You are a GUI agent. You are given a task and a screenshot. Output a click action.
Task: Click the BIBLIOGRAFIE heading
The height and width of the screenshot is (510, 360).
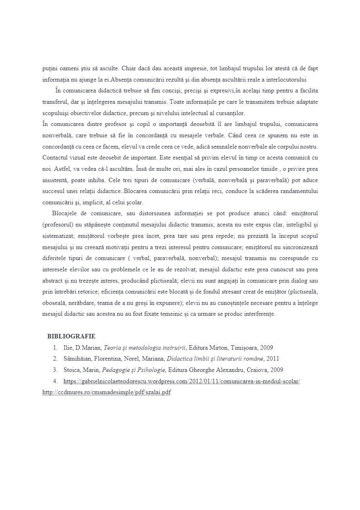click(x=71, y=336)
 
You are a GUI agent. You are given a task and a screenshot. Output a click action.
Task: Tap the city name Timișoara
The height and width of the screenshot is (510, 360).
click(x=245, y=347)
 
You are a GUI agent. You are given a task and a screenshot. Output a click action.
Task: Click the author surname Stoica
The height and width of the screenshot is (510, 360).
click(x=71, y=370)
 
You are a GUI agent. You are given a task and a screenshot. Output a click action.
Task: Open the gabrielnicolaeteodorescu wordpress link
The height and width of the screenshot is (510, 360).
click(x=182, y=381)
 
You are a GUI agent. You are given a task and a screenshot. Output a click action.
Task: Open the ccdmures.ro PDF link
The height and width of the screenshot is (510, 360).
click(x=106, y=392)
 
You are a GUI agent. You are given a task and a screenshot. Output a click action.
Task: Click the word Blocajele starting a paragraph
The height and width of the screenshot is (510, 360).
click(x=65, y=213)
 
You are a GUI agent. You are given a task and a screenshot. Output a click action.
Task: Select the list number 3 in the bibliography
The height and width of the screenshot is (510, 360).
click(x=55, y=370)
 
